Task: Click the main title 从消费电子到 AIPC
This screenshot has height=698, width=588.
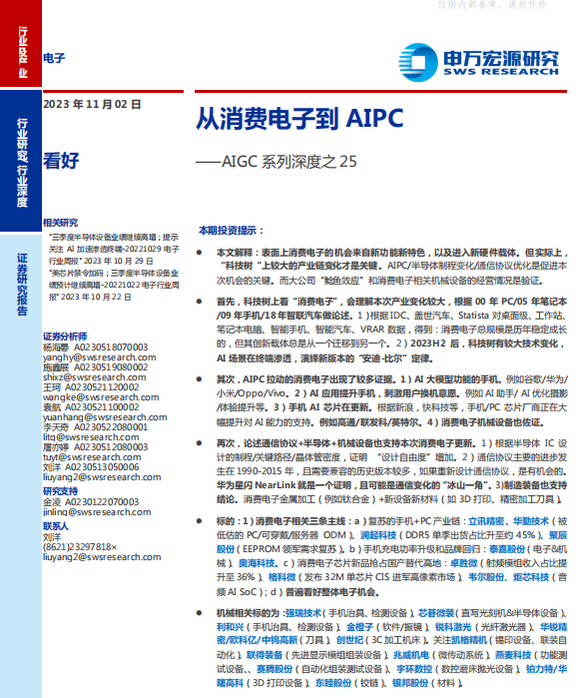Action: pos(299,117)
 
